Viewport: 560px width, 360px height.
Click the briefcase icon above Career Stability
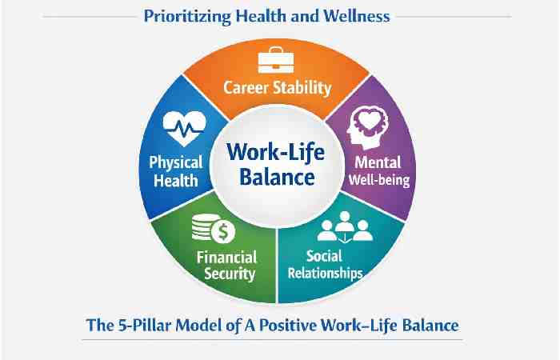click(277, 62)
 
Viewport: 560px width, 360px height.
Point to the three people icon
click(346, 230)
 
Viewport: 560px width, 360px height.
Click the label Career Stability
click(277, 86)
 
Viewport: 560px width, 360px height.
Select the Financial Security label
click(226, 266)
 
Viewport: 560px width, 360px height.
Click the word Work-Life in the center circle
click(277, 152)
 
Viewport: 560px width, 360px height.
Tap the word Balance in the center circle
click(277, 177)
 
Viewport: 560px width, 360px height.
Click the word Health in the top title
click(264, 16)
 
